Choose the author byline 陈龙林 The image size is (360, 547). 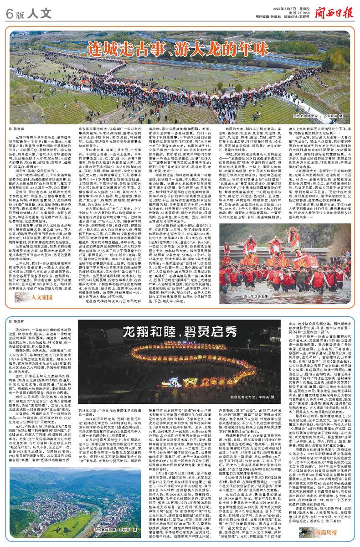click(22, 322)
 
